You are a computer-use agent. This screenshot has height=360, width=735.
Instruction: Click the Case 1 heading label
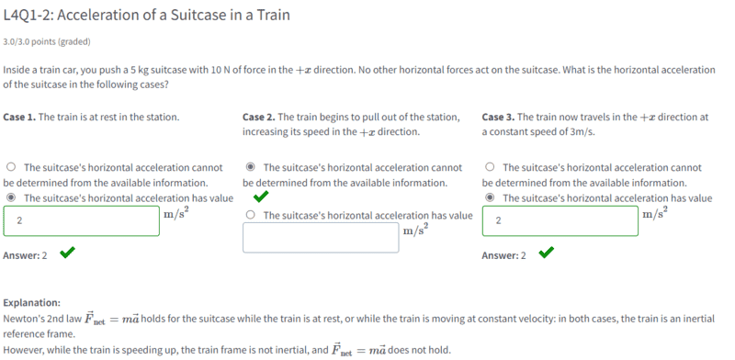[19, 117]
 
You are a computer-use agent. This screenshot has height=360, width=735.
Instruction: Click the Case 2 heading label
[259, 117]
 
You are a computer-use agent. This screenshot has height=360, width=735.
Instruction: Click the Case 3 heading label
[498, 117]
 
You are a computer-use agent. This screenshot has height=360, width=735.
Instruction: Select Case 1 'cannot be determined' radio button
[11, 167]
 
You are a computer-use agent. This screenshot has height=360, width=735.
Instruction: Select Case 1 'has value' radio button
[11, 197]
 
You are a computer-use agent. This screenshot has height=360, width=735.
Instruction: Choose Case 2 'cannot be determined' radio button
[251, 167]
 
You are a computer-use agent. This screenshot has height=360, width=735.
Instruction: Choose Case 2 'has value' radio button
[251, 215]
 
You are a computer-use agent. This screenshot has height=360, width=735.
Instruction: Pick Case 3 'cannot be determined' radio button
[491, 167]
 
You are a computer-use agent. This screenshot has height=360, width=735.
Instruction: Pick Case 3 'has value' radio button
[491, 197]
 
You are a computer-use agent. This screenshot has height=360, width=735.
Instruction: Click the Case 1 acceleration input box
[81, 220]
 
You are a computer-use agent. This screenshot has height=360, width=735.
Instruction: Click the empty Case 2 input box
[321, 238]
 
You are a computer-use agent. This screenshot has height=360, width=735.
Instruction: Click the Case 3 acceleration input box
[560, 220]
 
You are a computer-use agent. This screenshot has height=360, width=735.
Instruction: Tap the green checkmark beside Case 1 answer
[67, 253]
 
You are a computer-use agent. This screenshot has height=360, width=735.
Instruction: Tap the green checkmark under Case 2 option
[261, 197]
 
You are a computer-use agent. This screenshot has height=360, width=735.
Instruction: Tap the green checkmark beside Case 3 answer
[547, 253]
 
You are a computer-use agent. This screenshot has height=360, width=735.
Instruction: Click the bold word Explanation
[32, 303]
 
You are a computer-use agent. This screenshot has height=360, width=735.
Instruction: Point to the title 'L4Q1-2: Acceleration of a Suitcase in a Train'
[146, 16]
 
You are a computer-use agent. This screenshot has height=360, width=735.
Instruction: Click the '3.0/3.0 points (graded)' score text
[47, 42]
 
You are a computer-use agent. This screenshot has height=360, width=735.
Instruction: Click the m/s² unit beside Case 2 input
[415, 231]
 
